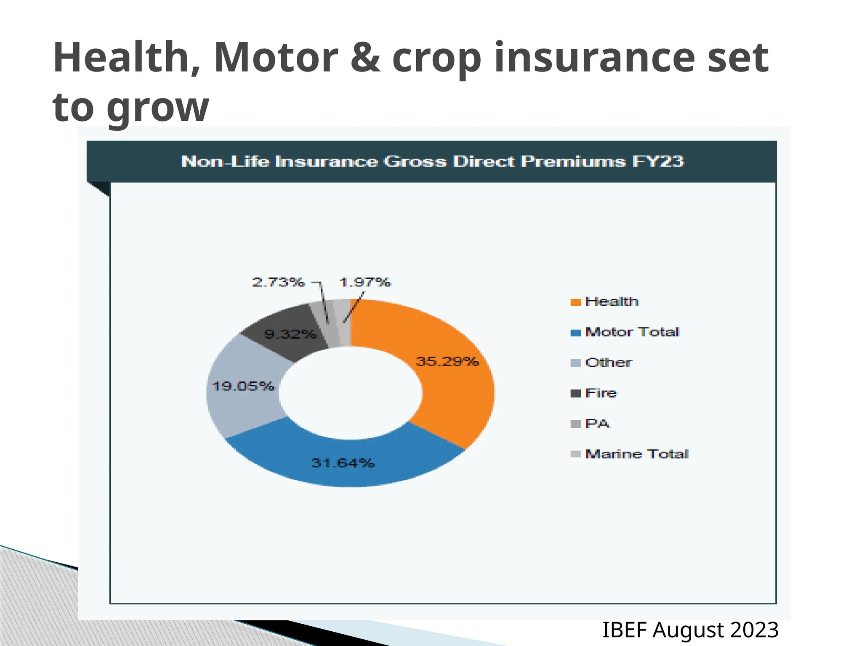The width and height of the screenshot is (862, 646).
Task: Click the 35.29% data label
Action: coord(447,361)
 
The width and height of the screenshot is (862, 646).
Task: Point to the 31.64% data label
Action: coord(343,463)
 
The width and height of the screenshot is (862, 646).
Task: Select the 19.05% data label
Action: coord(243,386)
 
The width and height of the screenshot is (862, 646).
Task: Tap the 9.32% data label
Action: coord(290,334)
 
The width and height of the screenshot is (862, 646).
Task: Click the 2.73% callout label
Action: coord(278,282)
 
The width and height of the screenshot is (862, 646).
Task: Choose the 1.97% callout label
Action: coord(365,282)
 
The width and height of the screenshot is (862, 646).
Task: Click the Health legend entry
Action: coord(612,302)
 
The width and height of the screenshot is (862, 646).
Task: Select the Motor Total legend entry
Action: coord(632,332)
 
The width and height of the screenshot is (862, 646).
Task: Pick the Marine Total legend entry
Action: coord(636,454)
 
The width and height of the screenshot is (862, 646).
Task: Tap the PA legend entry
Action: coord(597,424)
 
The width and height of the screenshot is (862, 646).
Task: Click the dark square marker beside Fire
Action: coord(575,394)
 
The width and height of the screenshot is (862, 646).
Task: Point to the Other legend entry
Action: coord(608,363)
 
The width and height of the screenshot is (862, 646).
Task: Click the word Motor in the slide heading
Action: coord(276,58)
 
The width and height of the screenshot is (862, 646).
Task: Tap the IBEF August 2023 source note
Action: coord(690,630)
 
